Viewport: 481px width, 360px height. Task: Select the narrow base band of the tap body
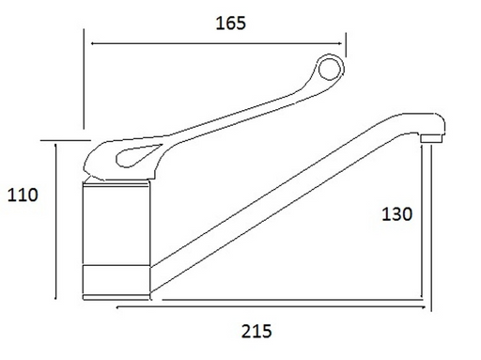point(116,280)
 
